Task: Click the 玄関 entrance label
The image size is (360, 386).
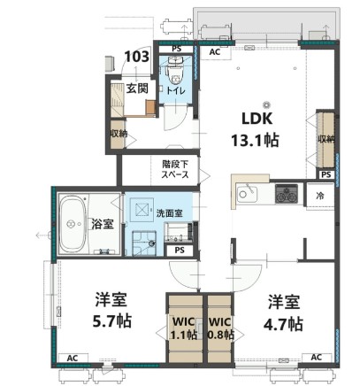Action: [136, 87]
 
